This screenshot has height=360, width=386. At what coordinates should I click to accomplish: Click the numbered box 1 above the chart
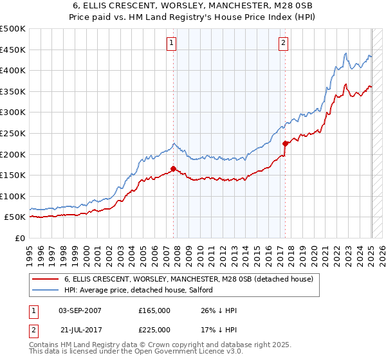pos(171,44)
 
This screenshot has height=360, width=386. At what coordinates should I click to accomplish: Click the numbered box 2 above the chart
pos(283,44)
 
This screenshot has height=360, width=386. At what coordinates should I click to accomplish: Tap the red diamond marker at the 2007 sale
pos(173,169)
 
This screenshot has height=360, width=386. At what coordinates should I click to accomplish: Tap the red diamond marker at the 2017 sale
pos(285,144)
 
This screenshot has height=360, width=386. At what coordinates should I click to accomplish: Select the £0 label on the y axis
pos(20,239)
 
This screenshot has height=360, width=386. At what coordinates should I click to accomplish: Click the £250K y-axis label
pos(13,134)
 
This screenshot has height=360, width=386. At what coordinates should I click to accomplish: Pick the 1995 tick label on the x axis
pos(30,256)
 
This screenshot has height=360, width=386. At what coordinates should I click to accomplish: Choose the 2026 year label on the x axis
pos(382,256)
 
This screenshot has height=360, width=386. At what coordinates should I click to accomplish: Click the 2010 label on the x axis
pos(200,256)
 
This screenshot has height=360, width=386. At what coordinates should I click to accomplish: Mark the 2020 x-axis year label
pos(314,256)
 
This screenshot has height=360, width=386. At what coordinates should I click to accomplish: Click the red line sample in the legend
pos(45,279)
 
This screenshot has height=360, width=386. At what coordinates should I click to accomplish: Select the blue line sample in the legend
pos(45,290)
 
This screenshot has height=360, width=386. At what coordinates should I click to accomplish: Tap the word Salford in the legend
pos(201,290)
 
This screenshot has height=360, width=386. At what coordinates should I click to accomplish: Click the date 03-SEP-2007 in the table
pos(80,310)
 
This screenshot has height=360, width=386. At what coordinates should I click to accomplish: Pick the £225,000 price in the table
pos(154,330)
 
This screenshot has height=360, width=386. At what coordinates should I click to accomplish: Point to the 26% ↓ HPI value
pos(219,310)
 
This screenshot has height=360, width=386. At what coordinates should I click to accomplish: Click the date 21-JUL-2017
pos(81,330)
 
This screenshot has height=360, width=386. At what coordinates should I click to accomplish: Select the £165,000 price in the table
pos(154,310)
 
